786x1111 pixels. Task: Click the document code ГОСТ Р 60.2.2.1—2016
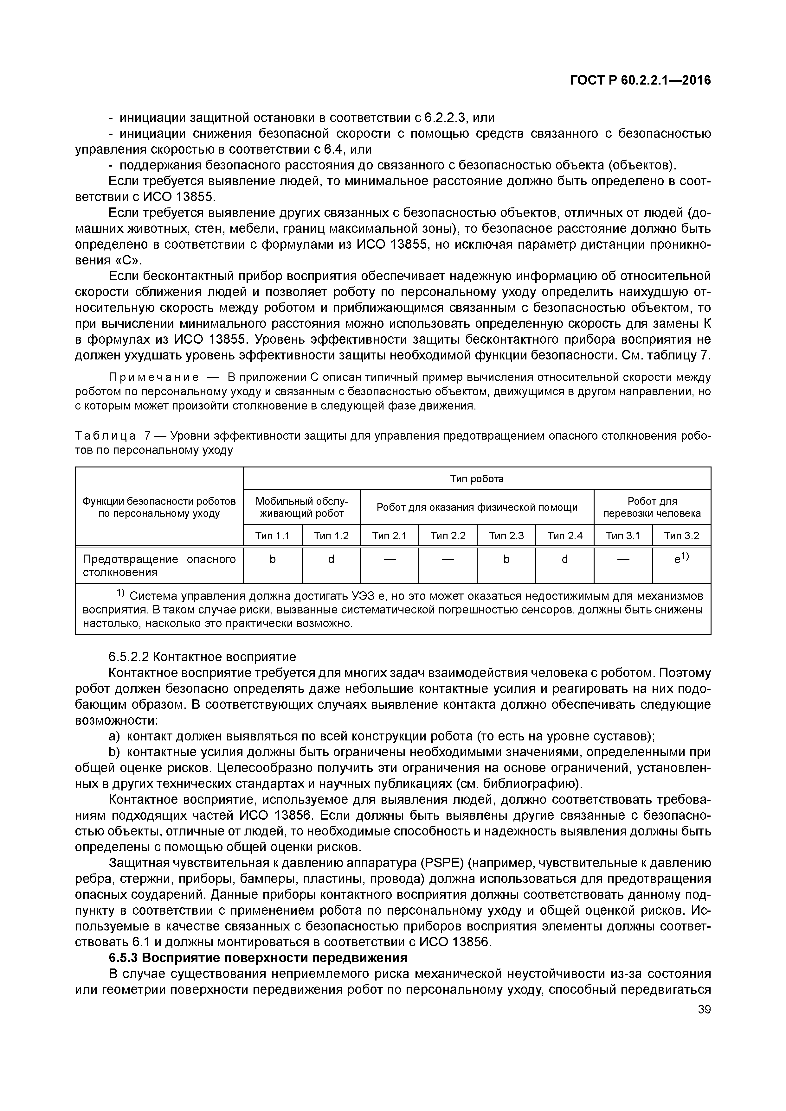pyautogui.click(x=640, y=80)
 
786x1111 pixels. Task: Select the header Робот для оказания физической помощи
pyautogui.click(x=477, y=507)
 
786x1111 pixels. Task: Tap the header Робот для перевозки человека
pyautogui.click(x=652, y=507)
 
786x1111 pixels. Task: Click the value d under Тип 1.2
pyautogui.click(x=331, y=559)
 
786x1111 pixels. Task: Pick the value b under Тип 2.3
pyautogui.click(x=506, y=559)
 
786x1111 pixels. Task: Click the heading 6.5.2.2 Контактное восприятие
pyautogui.click(x=202, y=657)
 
